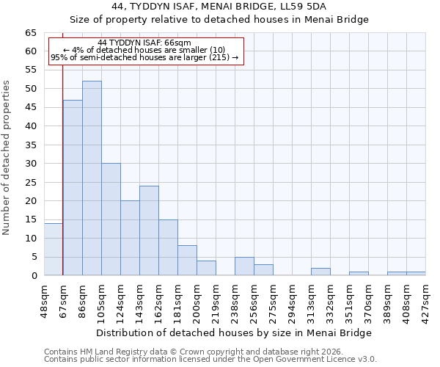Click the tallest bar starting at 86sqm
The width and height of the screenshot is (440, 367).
pyautogui.click(x=92, y=178)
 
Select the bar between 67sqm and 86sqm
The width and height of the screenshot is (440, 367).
pyautogui.click(x=73, y=188)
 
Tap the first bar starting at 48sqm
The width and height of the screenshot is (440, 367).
pyautogui.click(x=54, y=250)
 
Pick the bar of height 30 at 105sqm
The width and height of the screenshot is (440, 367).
pyautogui.click(x=111, y=219)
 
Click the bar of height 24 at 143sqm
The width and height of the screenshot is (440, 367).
pyautogui.click(x=149, y=230)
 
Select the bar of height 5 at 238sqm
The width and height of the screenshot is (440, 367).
pyautogui.click(x=244, y=266)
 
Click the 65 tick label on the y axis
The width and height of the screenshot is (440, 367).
pyautogui.click(x=30, y=33)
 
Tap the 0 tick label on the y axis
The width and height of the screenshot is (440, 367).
pyautogui.click(x=33, y=276)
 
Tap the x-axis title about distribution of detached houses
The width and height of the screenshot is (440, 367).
pyautogui.click(x=234, y=333)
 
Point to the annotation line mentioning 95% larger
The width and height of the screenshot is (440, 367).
pyautogui.click(x=144, y=57)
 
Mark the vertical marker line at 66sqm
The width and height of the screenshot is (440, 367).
pyautogui.click(x=63, y=183)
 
